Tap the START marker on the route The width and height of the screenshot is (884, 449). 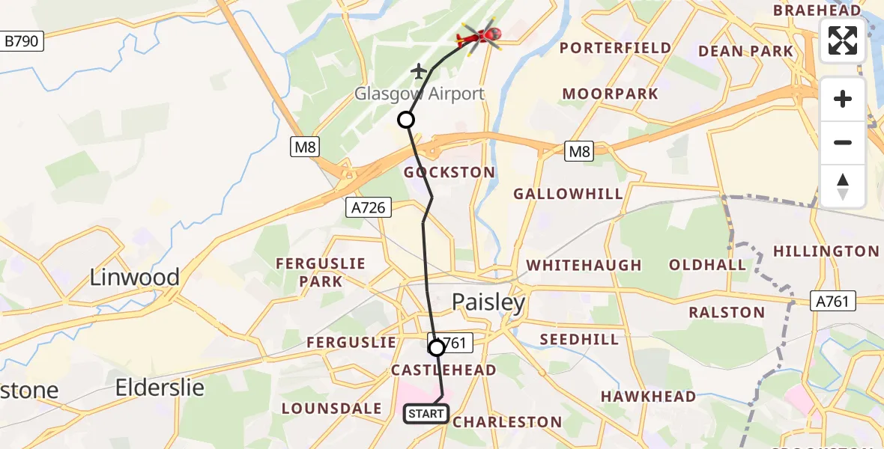click(x=426, y=413)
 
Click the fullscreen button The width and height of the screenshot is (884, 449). click(x=843, y=40)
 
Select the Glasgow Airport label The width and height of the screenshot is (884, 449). click(x=419, y=94)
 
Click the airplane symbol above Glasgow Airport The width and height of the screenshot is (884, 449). click(x=418, y=72)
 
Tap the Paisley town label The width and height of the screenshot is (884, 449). click(x=488, y=302)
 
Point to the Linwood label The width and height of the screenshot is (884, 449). click(x=135, y=278)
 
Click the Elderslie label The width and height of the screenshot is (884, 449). click(x=160, y=387)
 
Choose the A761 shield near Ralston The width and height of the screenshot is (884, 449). click(x=832, y=301)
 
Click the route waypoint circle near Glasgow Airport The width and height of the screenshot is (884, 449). click(x=405, y=120)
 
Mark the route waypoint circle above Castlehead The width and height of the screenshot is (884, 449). click(x=436, y=347)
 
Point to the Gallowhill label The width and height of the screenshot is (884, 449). click(x=568, y=194)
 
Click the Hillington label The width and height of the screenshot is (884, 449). click(x=826, y=251)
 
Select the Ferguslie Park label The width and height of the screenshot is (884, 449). click(x=321, y=272)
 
